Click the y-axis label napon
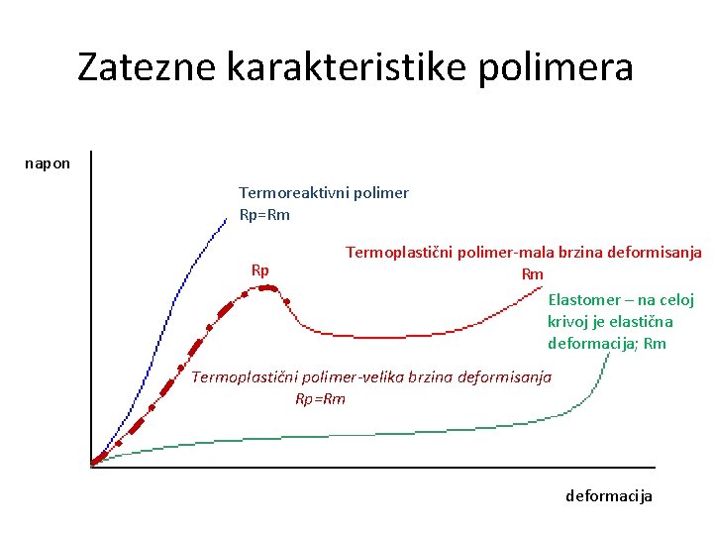48,162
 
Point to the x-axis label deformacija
609,495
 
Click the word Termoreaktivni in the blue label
290,193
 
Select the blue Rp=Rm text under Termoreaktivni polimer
264,215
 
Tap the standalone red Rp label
260,270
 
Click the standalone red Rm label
533,274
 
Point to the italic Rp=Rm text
321,399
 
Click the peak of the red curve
266,287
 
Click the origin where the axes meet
91,465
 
